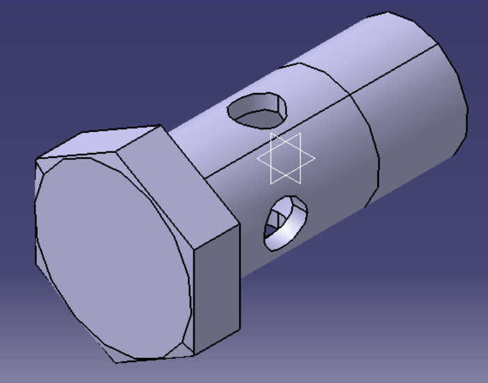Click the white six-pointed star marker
point(286,158)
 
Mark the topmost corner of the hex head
point(161,126)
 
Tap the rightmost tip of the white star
point(315,158)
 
